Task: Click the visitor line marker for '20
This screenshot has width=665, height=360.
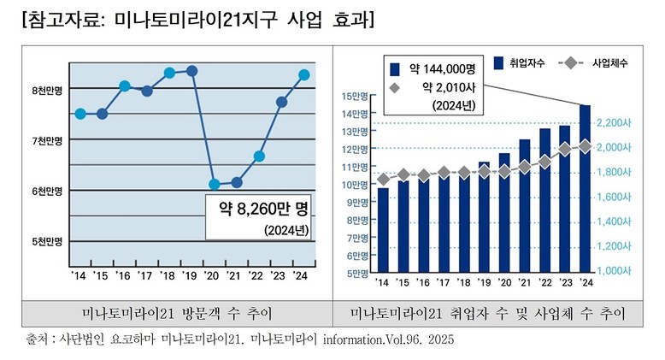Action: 215,184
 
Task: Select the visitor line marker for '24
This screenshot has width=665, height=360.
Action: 303,75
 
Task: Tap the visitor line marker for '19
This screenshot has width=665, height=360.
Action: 192,70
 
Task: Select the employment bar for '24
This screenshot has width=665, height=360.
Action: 585,188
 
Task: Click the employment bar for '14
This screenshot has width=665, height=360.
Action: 382,230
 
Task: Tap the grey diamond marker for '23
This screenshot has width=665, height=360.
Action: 564,150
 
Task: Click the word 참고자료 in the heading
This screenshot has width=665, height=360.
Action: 59,18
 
